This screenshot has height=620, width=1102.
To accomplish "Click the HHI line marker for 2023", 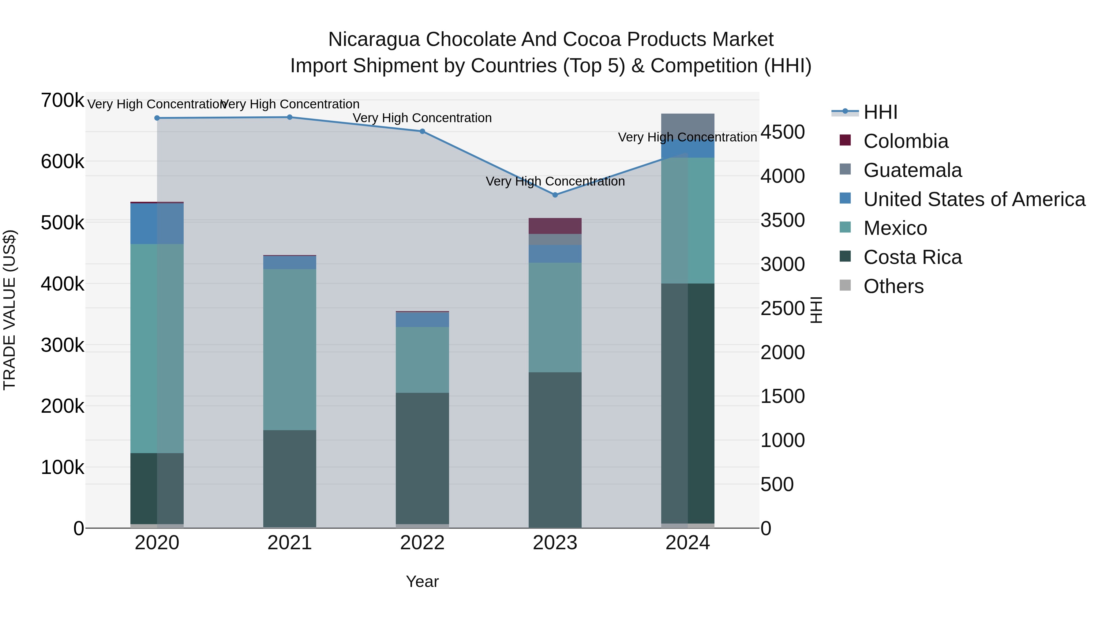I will click(x=555, y=195).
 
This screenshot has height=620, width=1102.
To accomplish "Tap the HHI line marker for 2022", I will click(x=422, y=131).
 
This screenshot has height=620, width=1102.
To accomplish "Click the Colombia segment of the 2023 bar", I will click(x=555, y=226).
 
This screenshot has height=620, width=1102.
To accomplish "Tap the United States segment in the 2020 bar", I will click(x=157, y=224).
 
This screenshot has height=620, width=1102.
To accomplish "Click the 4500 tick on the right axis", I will click(x=782, y=132).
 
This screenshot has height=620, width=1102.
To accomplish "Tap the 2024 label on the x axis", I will click(x=688, y=543).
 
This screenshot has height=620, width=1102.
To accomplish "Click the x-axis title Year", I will click(x=422, y=581).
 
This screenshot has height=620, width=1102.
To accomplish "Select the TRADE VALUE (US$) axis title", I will click(x=9, y=310).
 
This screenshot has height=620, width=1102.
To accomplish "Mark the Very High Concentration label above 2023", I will click(x=555, y=182).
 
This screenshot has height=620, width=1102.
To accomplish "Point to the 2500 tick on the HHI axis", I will click(x=782, y=309).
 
